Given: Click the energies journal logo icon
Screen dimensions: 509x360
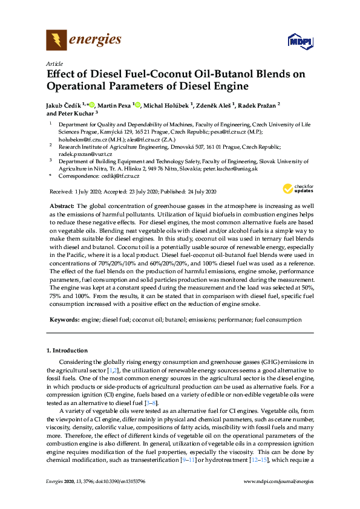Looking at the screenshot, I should coord(56,41).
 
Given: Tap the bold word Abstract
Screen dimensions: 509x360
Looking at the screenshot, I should coord(62,206).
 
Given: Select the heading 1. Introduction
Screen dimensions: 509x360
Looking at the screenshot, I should coord(67,351).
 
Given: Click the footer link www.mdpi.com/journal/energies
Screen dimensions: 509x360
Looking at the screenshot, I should coord(278,482).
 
